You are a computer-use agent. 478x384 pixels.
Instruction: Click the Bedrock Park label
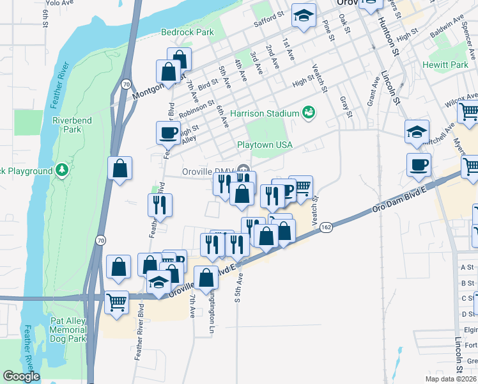click(x=187, y=31)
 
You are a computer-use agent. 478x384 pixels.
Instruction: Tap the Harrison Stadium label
click(x=265, y=113)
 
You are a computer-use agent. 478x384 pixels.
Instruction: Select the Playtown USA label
click(x=265, y=145)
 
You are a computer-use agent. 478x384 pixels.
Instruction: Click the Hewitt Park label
click(x=445, y=65)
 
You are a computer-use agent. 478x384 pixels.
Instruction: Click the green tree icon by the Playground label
click(x=62, y=170)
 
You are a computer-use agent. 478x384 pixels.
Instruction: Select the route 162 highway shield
click(x=326, y=227)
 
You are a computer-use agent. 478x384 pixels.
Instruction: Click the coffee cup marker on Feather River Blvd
click(x=168, y=132)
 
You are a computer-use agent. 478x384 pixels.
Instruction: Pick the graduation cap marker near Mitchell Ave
click(x=417, y=132)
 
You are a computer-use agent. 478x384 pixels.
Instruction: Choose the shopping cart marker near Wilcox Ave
click(x=469, y=112)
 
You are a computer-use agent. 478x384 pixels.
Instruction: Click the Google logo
click(x=21, y=376)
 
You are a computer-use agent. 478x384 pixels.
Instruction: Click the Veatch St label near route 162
click(x=314, y=209)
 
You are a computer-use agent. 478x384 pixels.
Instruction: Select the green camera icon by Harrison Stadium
click(x=309, y=113)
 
